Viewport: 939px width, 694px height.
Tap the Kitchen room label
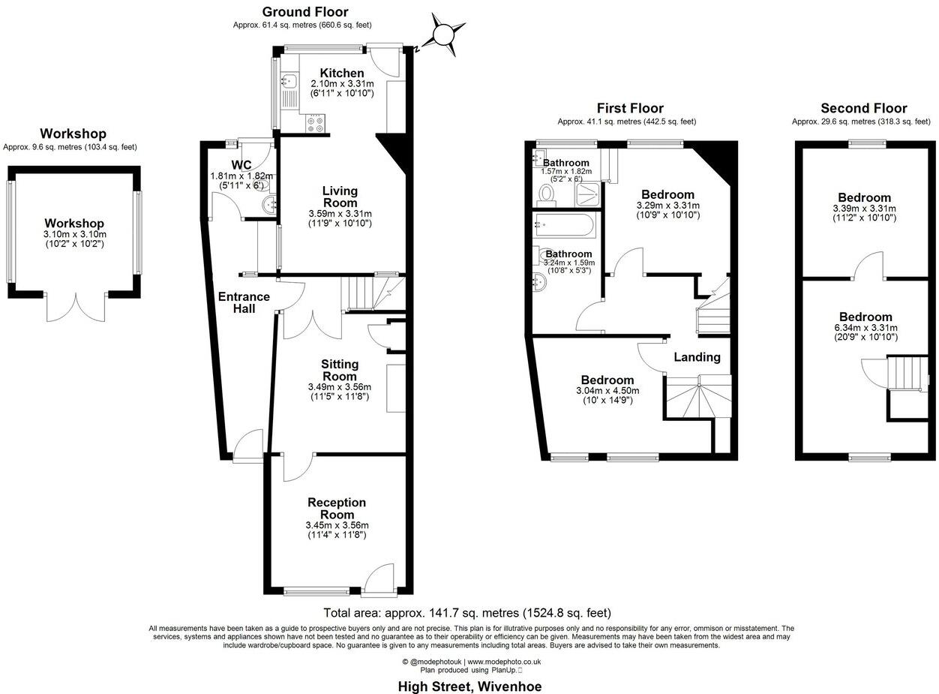(x=342, y=73)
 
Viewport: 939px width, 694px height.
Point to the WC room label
(x=241, y=164)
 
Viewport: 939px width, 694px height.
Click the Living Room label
(x=340, y=197)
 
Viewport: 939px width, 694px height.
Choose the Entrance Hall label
(x=244, y=302)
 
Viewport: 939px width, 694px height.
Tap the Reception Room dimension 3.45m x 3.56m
(x=337, y=525)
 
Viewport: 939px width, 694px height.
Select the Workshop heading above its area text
(x=73, y=134)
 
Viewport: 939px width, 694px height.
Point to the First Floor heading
(x=630, y=108)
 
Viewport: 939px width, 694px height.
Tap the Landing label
(x=697, y=357)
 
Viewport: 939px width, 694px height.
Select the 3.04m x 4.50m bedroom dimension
(x=607, y=391)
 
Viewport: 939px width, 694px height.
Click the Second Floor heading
(x=863, y=108)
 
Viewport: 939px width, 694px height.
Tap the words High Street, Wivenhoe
(x=469, y=686)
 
